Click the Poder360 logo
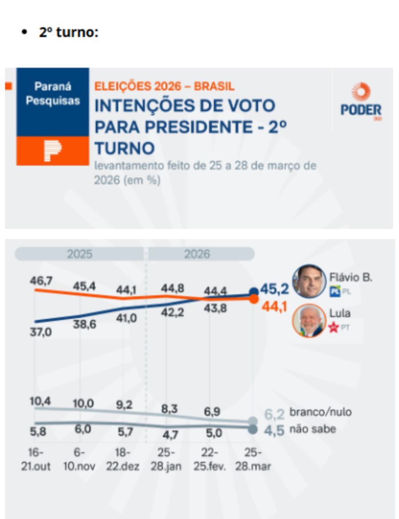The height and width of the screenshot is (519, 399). [x=361, y=101]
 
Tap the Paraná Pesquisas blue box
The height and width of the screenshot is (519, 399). [x=53, y=102]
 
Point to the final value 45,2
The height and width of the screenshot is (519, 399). [x=274, y=289]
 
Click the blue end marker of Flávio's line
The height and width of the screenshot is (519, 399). [x=253, y=292]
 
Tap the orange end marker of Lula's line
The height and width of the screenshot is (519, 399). [x=253, y=299]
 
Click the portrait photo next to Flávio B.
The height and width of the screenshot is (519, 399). [x=309, y=281]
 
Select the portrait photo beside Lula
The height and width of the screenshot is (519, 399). [x=309, y=321]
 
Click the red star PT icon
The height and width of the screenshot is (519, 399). [x=334, y=328]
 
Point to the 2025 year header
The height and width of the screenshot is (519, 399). [x=79, y=254]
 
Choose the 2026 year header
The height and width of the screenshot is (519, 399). [x=197, y=254]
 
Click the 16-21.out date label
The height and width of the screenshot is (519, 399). [x=36, y=460]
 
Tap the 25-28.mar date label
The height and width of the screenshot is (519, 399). [x=253, y=460]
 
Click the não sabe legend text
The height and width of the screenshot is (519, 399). [x=312, y=429]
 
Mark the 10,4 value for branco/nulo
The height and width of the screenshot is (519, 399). [x=40, y=401]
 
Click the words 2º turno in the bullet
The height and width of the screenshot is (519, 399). [x=68, y=33]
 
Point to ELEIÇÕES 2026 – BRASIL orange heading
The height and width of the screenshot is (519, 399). [x=164, y=87]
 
